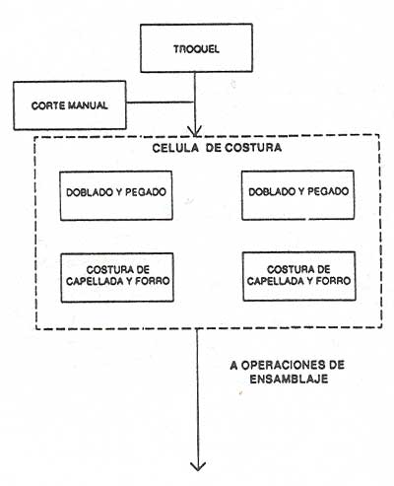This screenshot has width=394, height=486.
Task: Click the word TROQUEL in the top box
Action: tap(196, 49)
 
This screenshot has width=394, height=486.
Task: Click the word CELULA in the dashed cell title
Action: tap(175, 148)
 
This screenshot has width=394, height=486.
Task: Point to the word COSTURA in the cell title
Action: tap(253, 147)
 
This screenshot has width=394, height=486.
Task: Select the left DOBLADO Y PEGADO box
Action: tap(116, 195)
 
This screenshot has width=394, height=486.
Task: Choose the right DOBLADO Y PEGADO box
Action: tap(298, 195)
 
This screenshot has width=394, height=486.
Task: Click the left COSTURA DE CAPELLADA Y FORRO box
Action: tap(117, 277)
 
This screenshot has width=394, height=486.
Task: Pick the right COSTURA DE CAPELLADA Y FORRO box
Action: tap(299, 276)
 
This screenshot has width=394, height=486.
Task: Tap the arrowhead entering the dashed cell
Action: tap(195, 131)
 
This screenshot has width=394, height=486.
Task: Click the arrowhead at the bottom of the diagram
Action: tap(198, 466)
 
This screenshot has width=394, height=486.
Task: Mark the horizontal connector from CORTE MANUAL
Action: tap(161, 103)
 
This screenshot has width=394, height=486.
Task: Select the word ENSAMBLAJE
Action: tap(289, 379)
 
